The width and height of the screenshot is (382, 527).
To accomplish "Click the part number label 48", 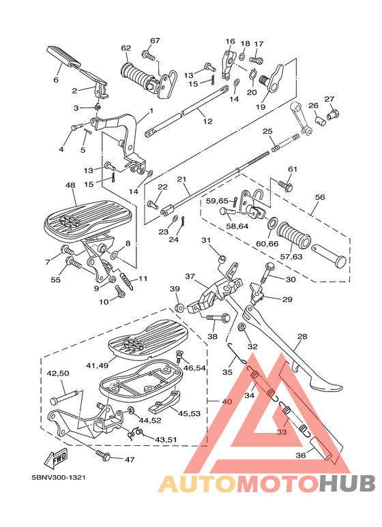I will coord(70,185).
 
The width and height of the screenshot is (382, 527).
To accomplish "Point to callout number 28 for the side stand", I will coord(302,337).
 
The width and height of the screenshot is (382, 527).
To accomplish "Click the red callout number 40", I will coord(226,402).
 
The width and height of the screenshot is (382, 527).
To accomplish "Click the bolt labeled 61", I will coord(285,184).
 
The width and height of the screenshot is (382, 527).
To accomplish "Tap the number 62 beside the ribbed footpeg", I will coord(126,48).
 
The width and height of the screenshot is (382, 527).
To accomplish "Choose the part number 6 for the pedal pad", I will coord(56,80).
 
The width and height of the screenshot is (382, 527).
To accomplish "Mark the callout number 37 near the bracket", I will coord(190,277).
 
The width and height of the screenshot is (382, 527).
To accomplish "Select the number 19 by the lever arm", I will coord(260,107).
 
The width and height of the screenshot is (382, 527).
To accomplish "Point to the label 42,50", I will coord(57,374).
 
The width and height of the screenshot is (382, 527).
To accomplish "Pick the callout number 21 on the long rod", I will coord(181,179).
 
